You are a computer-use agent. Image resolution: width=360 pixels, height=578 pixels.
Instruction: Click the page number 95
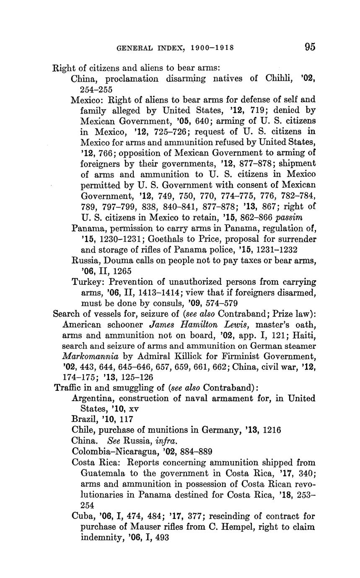(x=310, y=47)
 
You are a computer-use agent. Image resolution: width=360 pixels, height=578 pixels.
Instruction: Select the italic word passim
(x=289, y=217)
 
